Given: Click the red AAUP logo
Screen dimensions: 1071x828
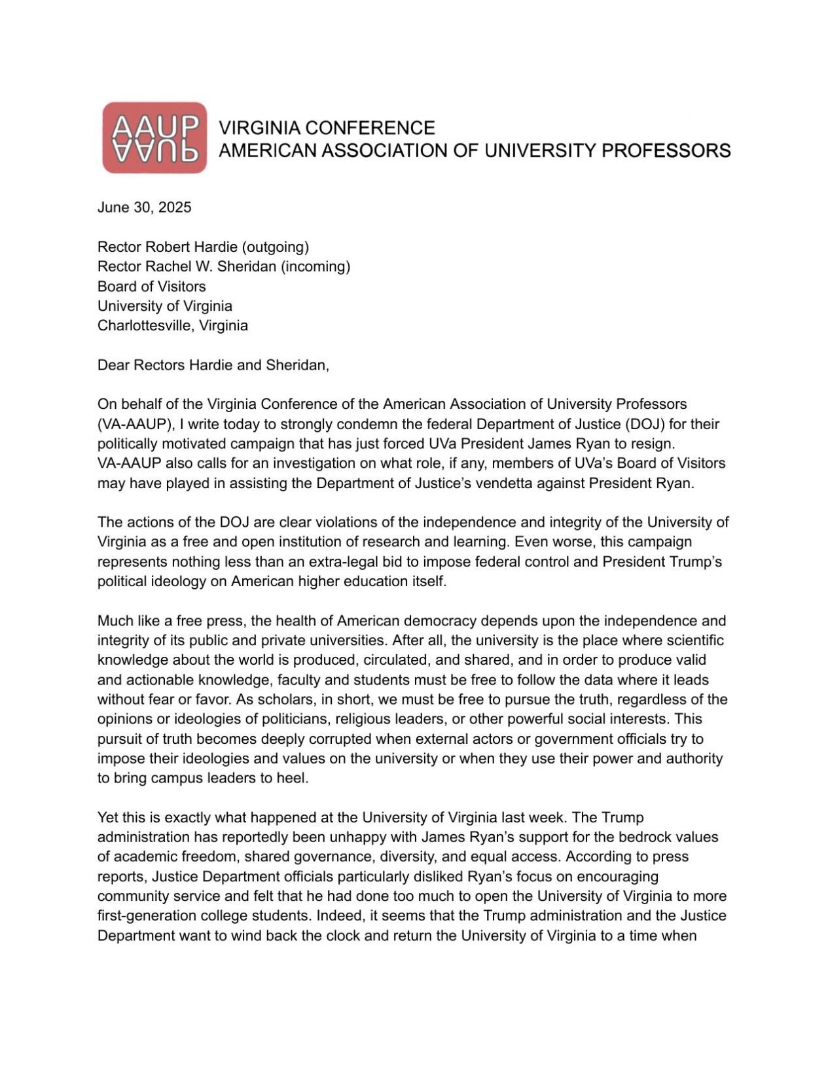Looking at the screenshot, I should coord(154,137).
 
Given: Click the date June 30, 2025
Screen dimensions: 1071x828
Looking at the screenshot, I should coord(144,207).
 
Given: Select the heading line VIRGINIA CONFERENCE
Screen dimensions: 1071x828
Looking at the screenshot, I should coord(326,128).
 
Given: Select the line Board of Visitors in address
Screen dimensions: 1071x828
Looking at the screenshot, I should coord(151,286).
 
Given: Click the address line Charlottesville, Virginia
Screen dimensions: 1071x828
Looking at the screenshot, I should coord(172,325).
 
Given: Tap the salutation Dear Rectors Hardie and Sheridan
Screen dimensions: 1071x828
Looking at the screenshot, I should coord(213,365).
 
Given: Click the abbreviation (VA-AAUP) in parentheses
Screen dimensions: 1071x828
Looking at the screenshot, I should coord(134,424).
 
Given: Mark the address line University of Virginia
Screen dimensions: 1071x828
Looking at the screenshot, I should coord(164,306).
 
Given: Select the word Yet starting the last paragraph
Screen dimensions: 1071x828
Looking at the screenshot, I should coord(108,817).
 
